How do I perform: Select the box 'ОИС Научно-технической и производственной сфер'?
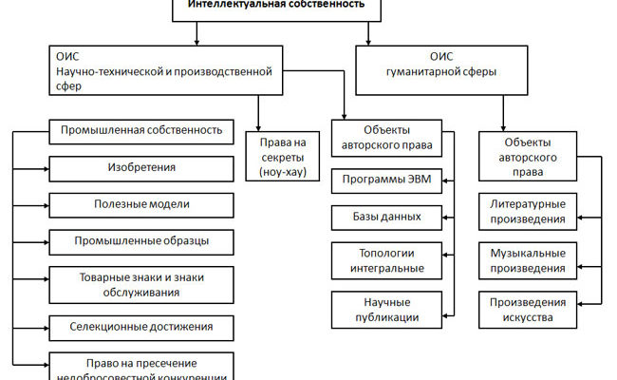click(164, 69)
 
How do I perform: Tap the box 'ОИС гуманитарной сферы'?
click(448, 69)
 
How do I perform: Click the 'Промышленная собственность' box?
click(141, 130)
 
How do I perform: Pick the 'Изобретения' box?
click(141, 168)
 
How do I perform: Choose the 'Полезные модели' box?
click(141, 205)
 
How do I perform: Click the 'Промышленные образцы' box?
click(141, 242)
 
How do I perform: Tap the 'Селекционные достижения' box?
click(141, 327)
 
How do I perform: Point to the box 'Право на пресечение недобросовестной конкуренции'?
click(141, 367)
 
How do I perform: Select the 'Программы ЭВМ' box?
click(390, 180)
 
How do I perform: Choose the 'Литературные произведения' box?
click(529, 212)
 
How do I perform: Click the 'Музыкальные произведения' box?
click(529, 260)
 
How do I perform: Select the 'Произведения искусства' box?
click(529, 309)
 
